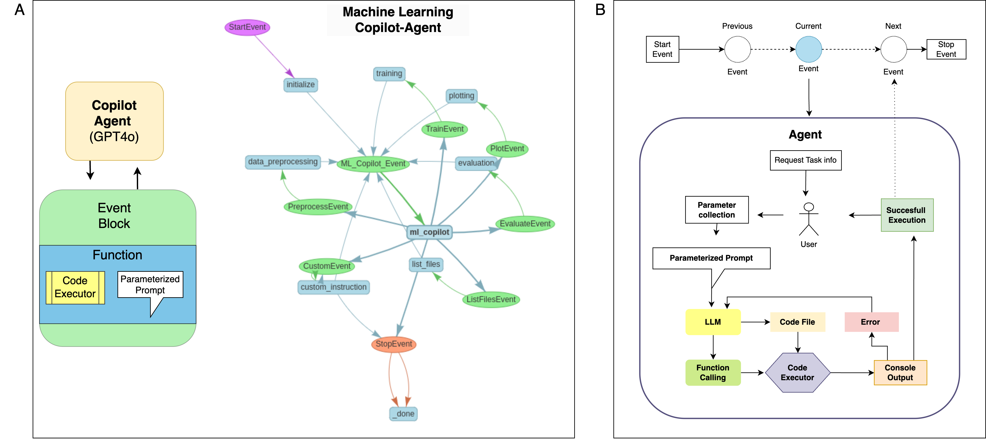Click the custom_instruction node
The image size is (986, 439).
click(x=333, y=287)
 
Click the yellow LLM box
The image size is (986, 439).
click(x=713, y=322)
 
